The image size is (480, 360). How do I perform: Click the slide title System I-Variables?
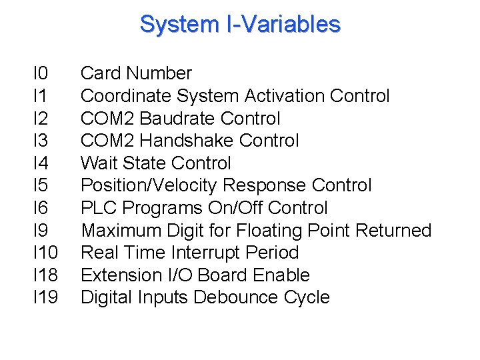240,25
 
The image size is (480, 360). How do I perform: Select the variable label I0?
41,73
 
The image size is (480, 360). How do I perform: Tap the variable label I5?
41,185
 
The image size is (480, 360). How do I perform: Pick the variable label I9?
41,230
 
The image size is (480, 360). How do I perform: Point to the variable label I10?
45,253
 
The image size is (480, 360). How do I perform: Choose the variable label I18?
45,275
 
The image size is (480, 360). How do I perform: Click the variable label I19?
45,297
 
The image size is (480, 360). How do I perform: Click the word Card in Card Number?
100,73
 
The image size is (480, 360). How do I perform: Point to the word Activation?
285,96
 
